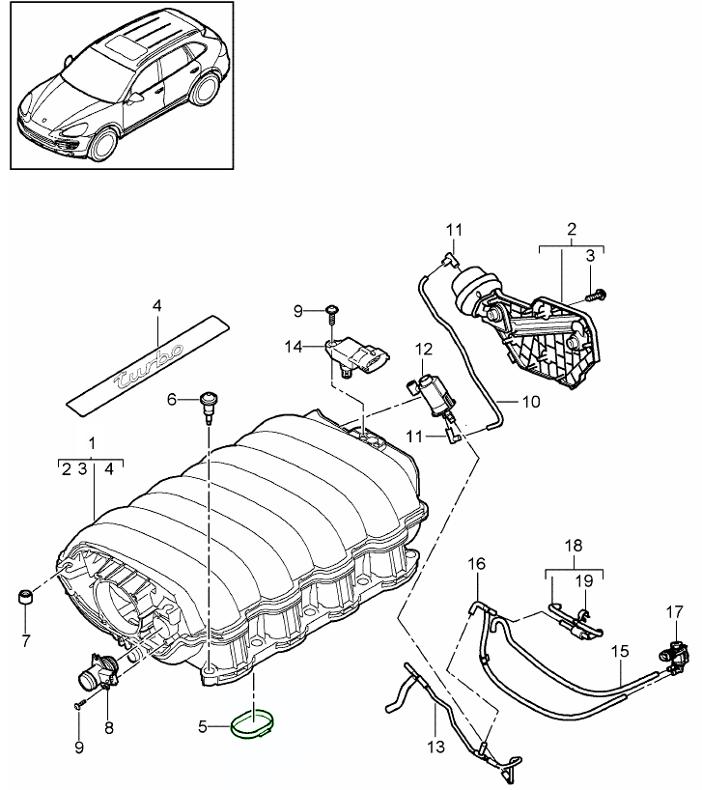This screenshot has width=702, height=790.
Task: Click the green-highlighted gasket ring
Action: coord(253,723)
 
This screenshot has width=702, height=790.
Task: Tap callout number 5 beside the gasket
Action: coord(203,724)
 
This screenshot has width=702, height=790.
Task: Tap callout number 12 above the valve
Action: coord(424,348)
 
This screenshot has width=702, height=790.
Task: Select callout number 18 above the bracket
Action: coord(575,546)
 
